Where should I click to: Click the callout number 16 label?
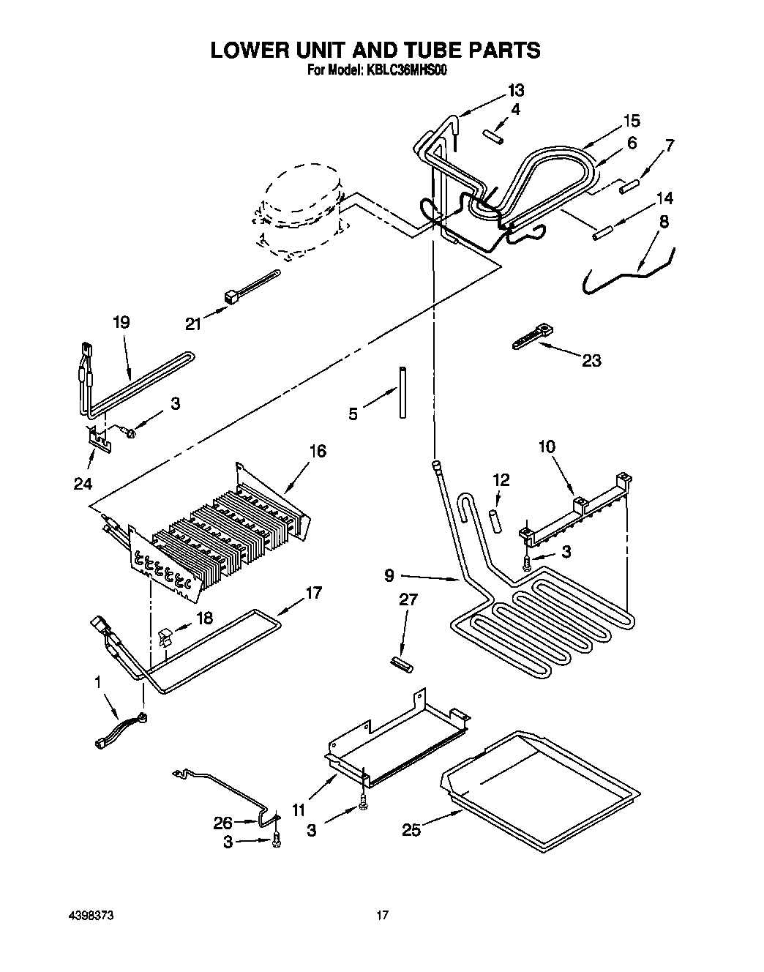pos(318,451)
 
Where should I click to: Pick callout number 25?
pos(411,829)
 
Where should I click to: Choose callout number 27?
pos(408,599)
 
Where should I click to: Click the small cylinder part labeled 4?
pos(491,136)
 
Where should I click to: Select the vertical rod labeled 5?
pos(402,392)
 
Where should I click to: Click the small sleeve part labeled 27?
pos(402,665)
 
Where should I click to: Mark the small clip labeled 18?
pos(165,636)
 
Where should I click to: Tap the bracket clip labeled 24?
pos(98,437)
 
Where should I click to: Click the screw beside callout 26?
pos(276,842)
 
